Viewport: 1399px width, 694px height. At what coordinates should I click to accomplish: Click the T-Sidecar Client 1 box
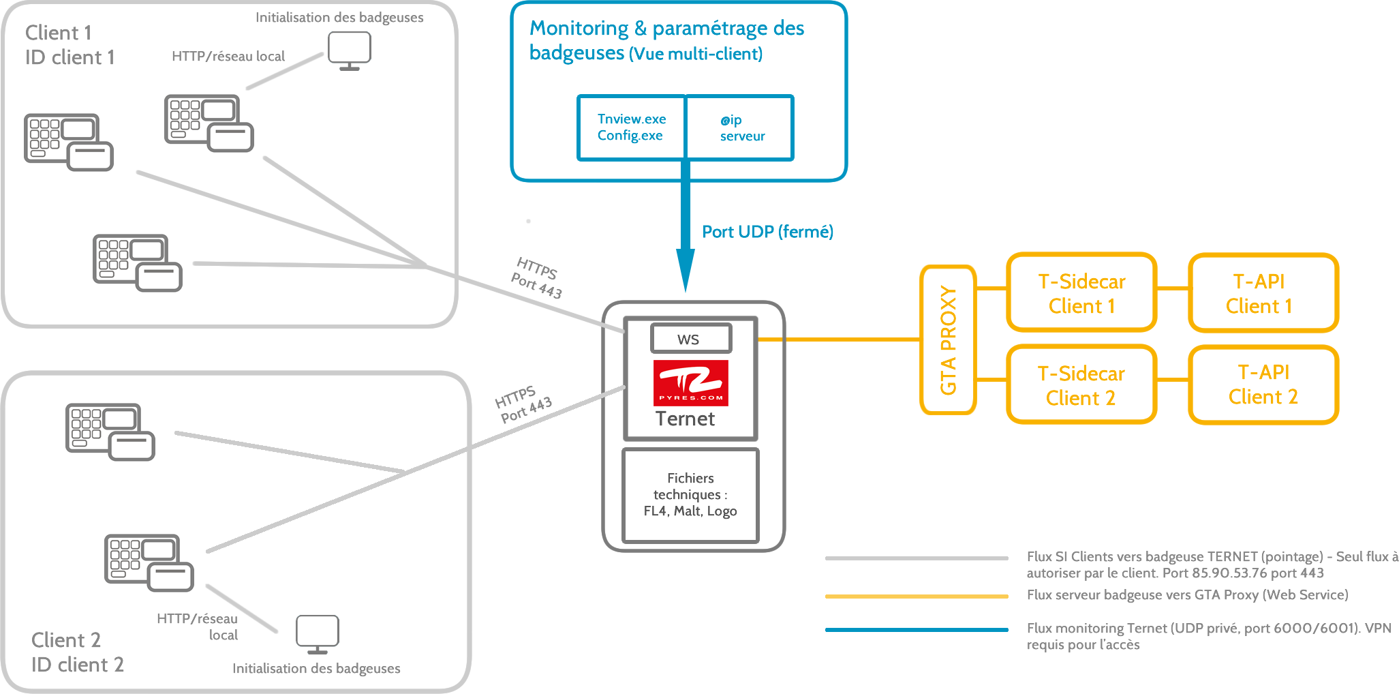click(1081, 293)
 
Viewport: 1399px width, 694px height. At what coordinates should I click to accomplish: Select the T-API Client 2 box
click(1263, 384)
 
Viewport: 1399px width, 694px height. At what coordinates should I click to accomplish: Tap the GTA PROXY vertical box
click(948, 340)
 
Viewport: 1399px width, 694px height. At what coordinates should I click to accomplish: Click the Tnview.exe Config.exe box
click(631, 127)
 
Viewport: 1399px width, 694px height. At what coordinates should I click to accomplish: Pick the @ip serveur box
click(740, 127)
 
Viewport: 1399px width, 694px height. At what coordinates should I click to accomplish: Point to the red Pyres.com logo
click(690, 382)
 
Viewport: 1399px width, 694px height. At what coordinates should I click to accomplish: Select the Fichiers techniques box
click(690, 495)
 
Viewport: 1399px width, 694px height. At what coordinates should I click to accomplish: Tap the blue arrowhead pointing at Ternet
click(685, 270)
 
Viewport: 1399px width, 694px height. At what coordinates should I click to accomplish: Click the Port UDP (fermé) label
click(767, 232)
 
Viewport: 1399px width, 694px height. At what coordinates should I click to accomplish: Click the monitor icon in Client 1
click(349, 50)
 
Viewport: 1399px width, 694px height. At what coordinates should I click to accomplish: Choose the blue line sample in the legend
click(916, 629)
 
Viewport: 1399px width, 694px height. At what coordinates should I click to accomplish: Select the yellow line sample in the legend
click(916, 597)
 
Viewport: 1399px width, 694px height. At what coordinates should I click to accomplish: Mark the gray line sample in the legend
click(916, 558)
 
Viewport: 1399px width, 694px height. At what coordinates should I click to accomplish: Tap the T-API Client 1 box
click(1263, 293)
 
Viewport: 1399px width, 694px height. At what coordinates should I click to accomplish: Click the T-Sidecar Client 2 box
click(1081, 384)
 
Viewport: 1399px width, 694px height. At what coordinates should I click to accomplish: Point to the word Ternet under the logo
click(685, 419)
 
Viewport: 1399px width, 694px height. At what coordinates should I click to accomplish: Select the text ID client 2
click(77, 665)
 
